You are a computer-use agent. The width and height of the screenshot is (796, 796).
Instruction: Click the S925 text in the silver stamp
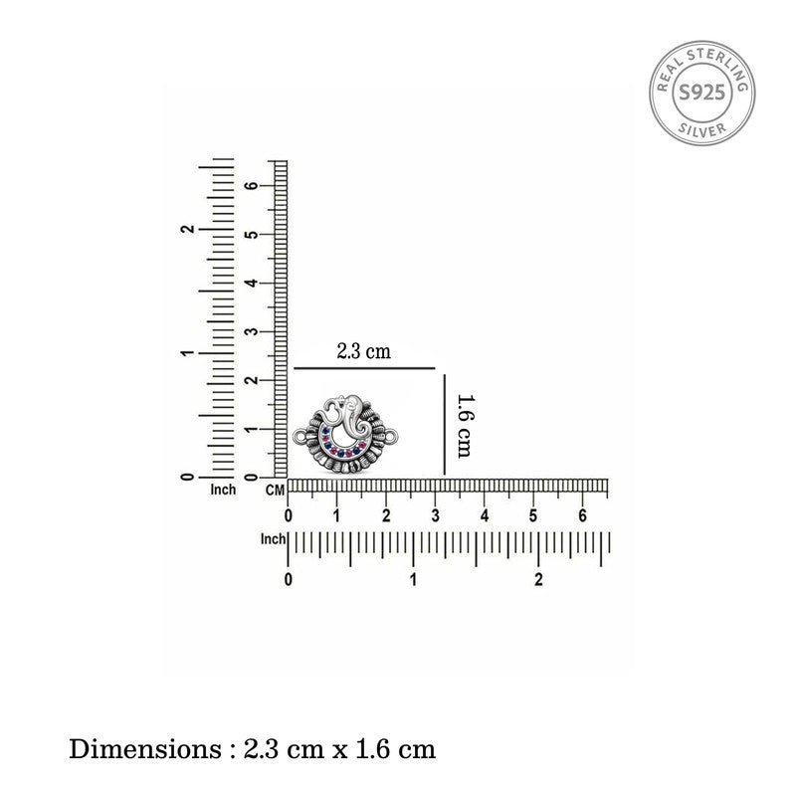[x=702, y=93]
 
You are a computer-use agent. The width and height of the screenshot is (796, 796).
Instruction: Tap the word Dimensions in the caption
[x=144, y=749]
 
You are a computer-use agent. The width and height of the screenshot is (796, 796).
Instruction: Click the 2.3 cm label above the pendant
[x=363, y=351]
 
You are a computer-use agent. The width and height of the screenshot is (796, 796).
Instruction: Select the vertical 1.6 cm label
[x=465, y=427]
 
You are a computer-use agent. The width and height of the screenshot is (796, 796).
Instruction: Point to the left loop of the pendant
[x=300, y=437]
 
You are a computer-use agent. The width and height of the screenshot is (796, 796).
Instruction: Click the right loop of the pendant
[x=391, y=436]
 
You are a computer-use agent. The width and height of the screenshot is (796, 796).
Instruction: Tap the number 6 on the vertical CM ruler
[x=252, y=185]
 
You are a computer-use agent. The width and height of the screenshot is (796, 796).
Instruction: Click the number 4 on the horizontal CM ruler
[x=485, y=515]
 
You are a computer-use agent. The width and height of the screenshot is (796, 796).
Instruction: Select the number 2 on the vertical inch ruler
[x=187, y=229]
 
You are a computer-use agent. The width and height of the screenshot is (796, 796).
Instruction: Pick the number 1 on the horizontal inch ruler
[x=413, y=579]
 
